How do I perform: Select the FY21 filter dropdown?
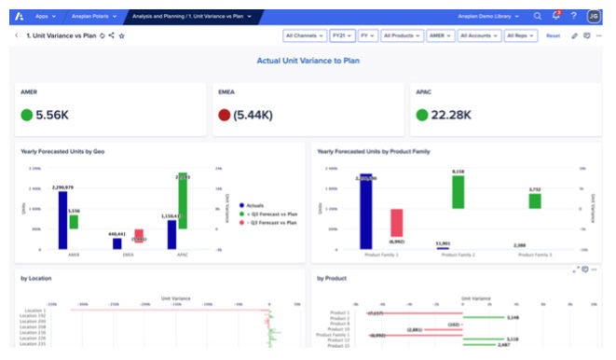point(340,35)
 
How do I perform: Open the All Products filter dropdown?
point(402,35)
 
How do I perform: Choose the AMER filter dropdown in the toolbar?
point(440,35)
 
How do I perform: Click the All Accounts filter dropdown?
point(478,35)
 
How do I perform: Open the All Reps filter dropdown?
point(519,35)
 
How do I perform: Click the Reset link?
point(553,35)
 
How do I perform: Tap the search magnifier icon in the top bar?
point(538,16)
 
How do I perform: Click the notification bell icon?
point(555,16)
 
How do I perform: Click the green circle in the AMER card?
point(26,116)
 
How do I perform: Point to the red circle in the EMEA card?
point(224,116)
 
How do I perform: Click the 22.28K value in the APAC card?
point(451,116)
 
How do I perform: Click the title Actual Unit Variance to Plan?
point(308,61)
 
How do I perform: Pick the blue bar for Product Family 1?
point(366,212)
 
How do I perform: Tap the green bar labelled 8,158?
point(458,192)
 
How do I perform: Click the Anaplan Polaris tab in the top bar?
point(93,16)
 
